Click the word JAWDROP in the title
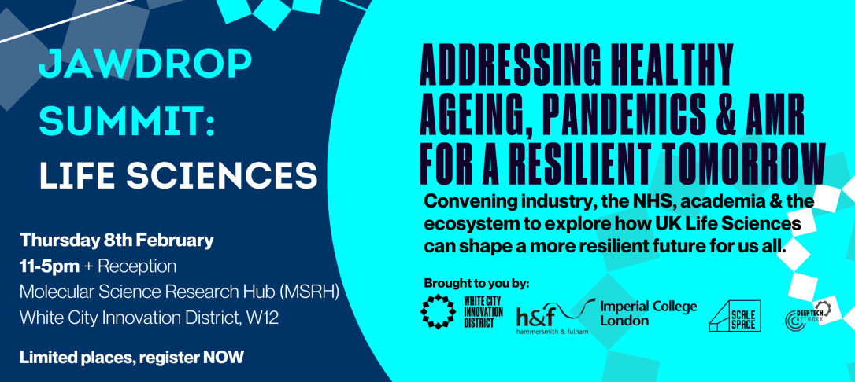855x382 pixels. pyautogui.click(x=145, y=64)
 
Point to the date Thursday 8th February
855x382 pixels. pyautogui.click(x=117, y=240)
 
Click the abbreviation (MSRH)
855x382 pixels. pyautogui.click(x=309, y=292)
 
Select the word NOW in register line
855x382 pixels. pyautogui.click(x=224, y=358)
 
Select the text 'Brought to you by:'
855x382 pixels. pyautogui.click(x=476, y=284)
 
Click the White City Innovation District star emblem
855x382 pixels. pyautogui.click(x=438, y=312)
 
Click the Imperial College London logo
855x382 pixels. pyautogui.click(x=649, y=313)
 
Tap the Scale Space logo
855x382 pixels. pyautogui.click(x=735, y=316)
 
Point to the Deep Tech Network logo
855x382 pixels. pyautogui.click(x=808, y=316)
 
